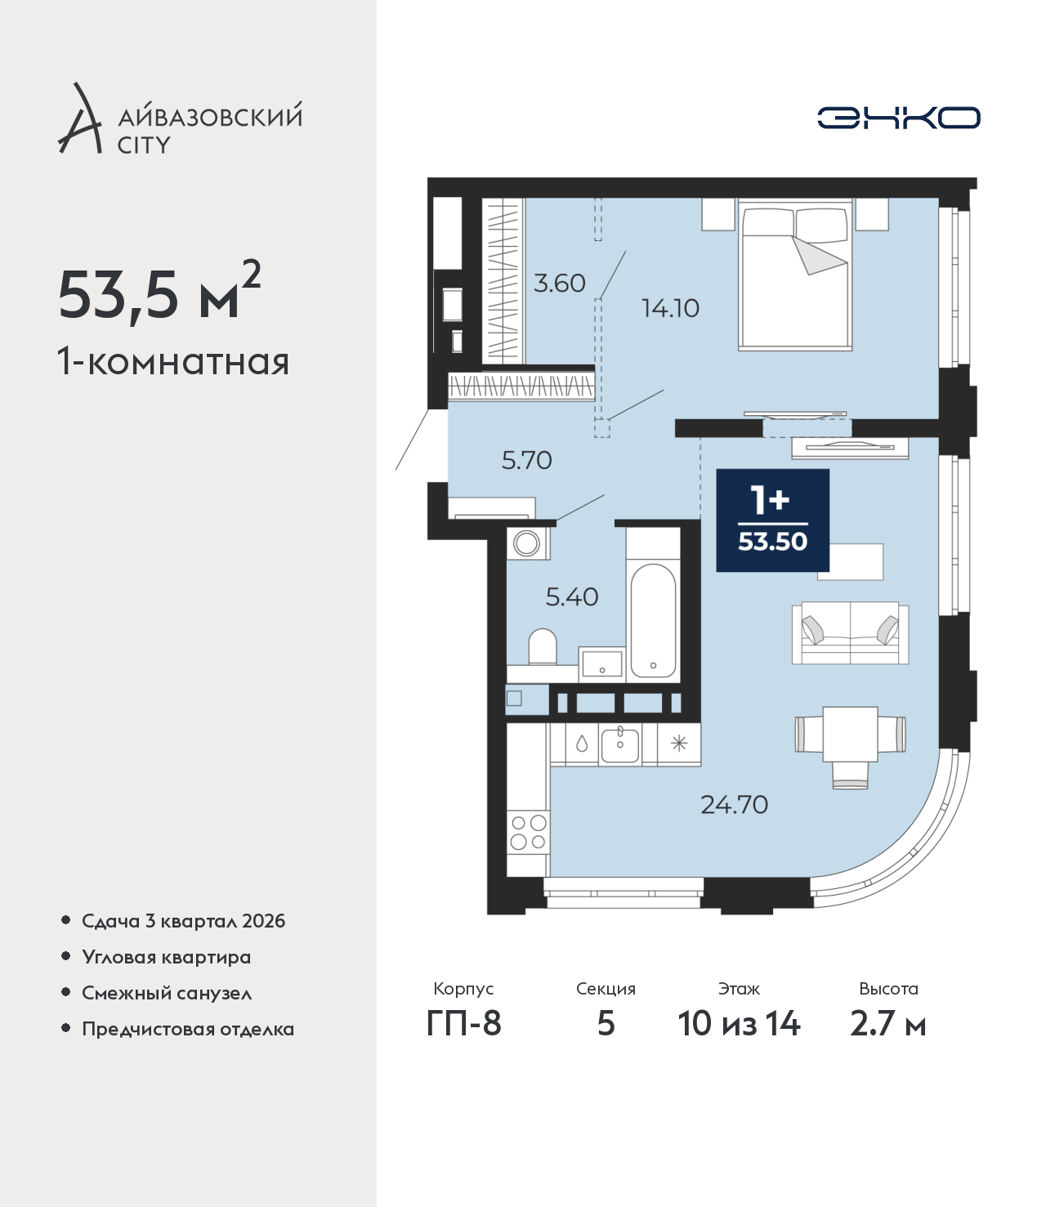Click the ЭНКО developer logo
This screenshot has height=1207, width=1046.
click(898, 118)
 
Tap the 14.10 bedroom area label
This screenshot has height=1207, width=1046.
click(670, 308)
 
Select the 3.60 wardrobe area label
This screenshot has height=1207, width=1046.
click(559, 284)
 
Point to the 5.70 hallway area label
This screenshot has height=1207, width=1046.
click(527, 461)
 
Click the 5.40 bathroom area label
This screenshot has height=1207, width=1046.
click(572, 597)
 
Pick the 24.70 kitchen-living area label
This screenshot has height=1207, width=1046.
click(734, 805)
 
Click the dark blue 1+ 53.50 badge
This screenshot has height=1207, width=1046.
click(773, 521)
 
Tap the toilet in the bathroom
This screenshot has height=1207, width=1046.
click(543, 647)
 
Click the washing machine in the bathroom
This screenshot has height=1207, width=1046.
click(527, 543)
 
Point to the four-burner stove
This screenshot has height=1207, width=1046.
click(528, 832)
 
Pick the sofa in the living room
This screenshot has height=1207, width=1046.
click(850, 633)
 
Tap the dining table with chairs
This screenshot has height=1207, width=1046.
click(850, 745)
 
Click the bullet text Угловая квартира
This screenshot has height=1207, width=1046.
click(167, 957)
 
